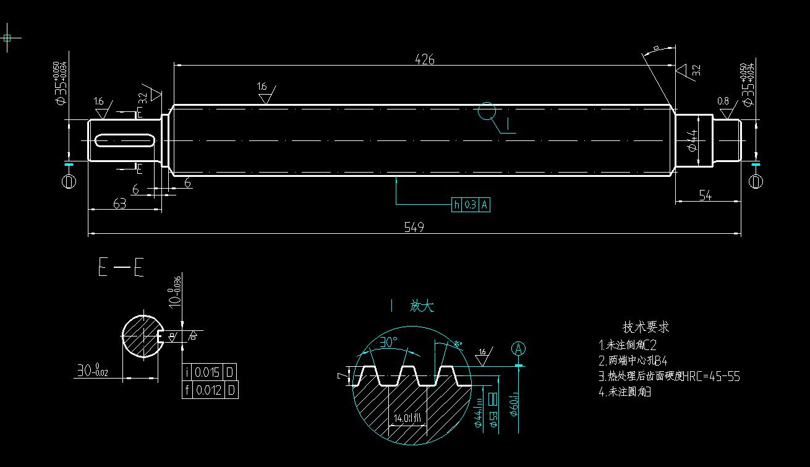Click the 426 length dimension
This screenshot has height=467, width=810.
(425, 59)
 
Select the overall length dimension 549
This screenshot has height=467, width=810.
(414, 227)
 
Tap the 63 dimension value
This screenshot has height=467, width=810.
(119, 203)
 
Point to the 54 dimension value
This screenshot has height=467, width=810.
(705, 195)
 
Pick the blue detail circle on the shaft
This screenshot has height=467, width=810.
(487, 111)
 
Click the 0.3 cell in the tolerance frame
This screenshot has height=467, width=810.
(470, 205)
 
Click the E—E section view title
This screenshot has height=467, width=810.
(121, 268)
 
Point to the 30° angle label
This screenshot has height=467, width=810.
(388, 342)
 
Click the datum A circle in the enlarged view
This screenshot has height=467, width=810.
(518, 349)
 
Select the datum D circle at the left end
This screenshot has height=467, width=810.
(69, 181)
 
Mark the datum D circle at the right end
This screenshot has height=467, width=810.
(756, 181)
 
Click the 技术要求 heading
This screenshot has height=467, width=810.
(646, 327)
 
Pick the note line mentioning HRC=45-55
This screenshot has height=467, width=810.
(669, 376)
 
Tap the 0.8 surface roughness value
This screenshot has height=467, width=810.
(723, 101)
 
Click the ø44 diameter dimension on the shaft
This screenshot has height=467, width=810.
(693, 140)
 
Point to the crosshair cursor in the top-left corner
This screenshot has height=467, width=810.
(7, 38)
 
